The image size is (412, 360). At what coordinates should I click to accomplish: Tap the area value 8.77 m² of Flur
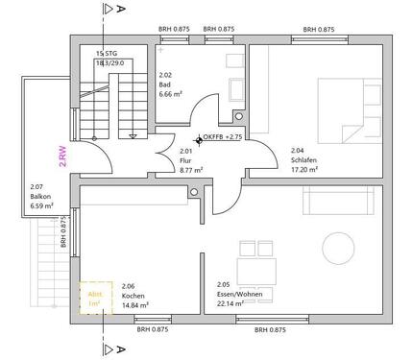coord(192,169)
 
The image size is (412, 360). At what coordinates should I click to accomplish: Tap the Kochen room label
coord(133,297)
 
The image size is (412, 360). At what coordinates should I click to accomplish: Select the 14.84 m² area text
coord(135,304)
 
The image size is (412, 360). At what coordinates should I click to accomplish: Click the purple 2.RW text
coord(63,156)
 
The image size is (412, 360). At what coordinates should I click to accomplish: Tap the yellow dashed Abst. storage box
coord(95,300)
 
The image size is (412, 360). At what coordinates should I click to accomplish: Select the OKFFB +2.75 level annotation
coord(222,137)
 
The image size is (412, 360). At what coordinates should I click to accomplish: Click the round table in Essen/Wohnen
coord(339,251)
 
